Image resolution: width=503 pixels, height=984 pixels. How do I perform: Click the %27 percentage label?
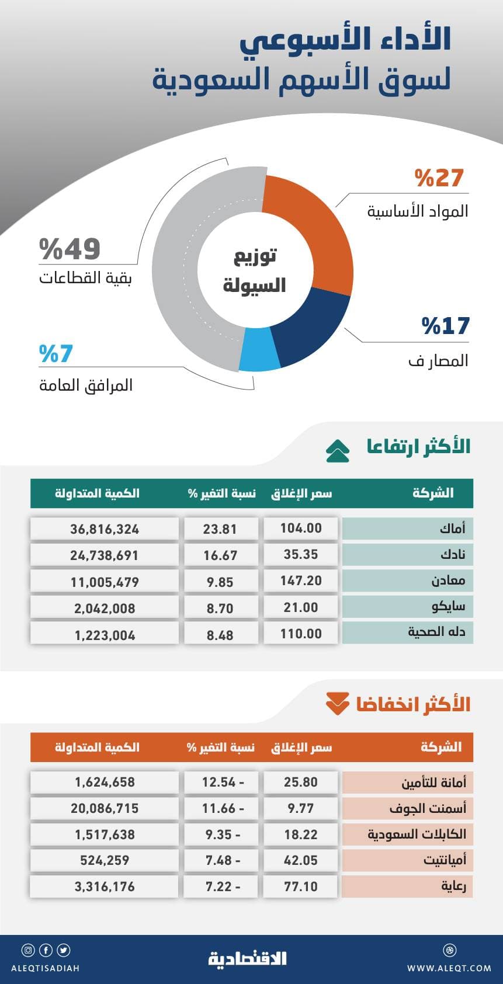click(439, 178)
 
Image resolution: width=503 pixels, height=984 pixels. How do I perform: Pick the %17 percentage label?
click(446, 326)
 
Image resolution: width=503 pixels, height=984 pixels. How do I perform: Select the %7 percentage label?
click(56, 354)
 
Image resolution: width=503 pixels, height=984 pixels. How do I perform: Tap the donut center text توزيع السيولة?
click(254, 270)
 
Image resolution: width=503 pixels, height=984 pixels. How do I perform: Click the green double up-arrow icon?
click(338, 451)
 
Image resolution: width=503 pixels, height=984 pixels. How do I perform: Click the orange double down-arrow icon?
click(338, 704)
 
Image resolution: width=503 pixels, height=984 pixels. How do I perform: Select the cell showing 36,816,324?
click(105, 529)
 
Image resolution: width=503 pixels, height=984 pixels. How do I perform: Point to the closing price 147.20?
click(301, 581)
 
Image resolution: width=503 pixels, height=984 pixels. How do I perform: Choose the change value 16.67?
click(220, 555)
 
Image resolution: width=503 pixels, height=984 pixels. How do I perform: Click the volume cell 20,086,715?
click(105, 808)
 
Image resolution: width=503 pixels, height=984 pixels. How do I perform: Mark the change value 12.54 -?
click(221, 782)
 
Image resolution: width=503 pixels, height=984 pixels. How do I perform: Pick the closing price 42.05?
click(301, 860)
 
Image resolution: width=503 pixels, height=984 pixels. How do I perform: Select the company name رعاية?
click(453, 886)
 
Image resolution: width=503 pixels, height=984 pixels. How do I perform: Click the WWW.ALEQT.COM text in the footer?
click(449, 968)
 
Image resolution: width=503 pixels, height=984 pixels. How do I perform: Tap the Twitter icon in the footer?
click(64, 950)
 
